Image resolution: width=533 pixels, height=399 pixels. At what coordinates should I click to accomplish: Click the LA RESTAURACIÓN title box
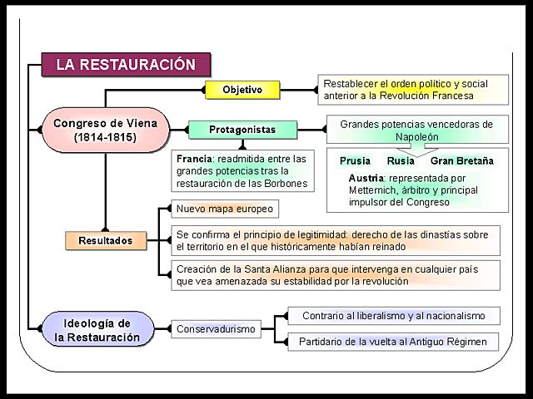click(x=126, y=65)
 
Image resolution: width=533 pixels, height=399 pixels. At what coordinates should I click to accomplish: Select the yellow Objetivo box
click(x=242, y=89)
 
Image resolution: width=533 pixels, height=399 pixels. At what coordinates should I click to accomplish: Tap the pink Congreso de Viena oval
click(x=105, y=130)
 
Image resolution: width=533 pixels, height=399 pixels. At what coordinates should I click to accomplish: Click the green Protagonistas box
click(x=242, y=130)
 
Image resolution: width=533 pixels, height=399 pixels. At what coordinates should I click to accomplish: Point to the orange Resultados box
click(x=105, y=241)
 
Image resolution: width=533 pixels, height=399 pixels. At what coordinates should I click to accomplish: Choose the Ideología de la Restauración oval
click(x=97, y=329)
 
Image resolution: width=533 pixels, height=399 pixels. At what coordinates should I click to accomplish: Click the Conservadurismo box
click(x=217, y=329)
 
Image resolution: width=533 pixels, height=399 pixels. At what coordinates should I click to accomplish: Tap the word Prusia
click(x=356, y=161)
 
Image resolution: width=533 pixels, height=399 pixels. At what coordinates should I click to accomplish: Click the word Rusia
click(x=401, y=161)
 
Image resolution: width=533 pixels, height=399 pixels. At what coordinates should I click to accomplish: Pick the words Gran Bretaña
click(x=461, y=161)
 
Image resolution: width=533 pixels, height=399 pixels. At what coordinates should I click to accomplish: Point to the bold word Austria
click(x=366, y=178)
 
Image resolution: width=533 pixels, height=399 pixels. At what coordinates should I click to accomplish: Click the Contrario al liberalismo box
click(x=393, y=316)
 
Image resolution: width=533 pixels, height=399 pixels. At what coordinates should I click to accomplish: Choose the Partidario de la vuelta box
click(x=393, y=342)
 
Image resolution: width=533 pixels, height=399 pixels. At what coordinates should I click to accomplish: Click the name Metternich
click(x=376, y=190)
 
